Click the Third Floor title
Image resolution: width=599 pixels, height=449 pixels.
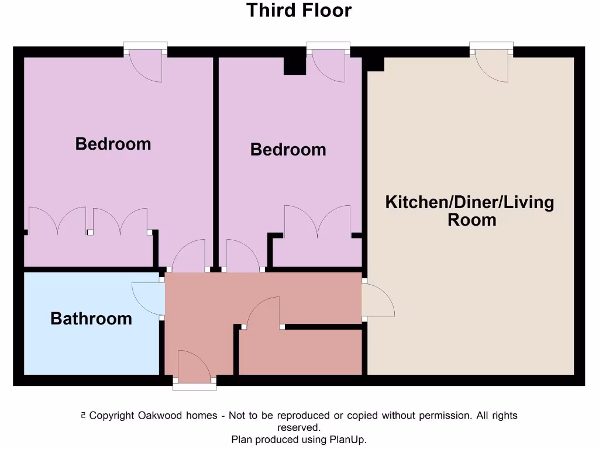(x=299, y=11)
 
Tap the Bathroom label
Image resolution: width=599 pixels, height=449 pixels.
(x=91, y=319)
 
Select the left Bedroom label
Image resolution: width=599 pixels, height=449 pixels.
(x=113, y=144)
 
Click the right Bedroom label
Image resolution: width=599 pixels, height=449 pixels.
(x=288, y=150)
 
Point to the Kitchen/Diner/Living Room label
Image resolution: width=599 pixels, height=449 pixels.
(x=470, y=211)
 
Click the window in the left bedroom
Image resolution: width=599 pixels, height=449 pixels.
(x=146, y=46)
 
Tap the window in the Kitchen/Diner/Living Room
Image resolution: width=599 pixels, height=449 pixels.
(x=491, y=46)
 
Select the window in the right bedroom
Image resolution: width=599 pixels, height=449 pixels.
(x=328, y=46)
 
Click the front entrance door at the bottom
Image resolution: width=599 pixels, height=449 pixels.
(x=194, y=367)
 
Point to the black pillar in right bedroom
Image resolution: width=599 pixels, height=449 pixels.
(x=295, y=65)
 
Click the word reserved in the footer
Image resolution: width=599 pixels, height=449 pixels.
(x=299, y=427)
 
